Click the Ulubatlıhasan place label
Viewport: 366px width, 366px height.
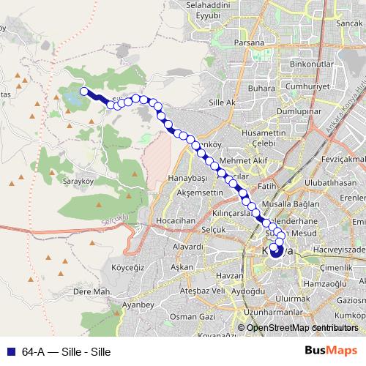pos(332,182)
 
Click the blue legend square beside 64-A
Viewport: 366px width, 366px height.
pos(11,351)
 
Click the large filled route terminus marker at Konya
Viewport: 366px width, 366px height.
pos(276,252)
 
